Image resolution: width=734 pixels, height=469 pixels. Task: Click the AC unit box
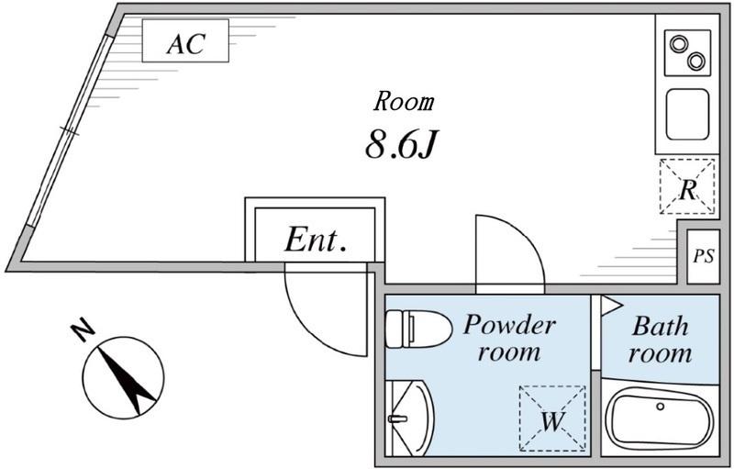(184, 42)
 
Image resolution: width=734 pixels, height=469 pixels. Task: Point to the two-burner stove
(686, 52)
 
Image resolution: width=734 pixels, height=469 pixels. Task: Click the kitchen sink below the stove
(687, 114)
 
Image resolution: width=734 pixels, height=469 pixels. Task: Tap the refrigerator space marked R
(686, 187)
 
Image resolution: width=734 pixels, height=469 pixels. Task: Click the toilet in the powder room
(416, 328)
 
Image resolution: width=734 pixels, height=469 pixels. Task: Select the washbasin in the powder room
(409, 418)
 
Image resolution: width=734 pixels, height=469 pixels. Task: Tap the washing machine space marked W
(552, 419)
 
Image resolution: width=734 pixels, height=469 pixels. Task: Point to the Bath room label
(661, 340)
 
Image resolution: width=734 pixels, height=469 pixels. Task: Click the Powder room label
(508, 337)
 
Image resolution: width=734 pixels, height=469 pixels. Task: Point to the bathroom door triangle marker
(611, 306)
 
